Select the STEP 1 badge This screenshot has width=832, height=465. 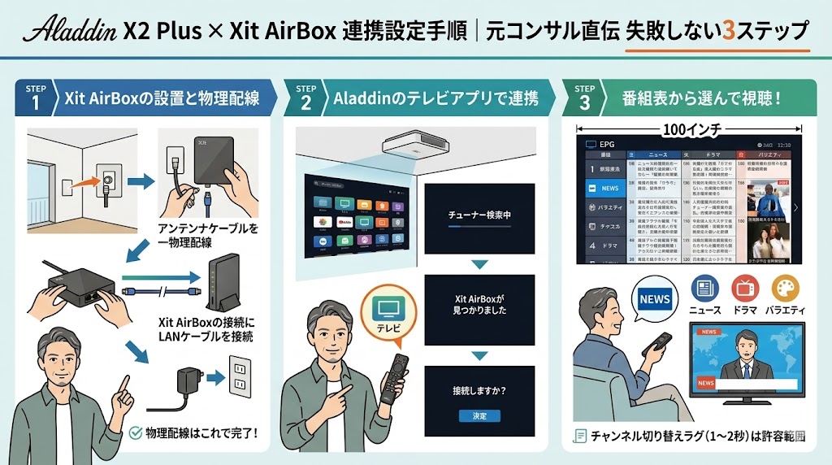[36, 98]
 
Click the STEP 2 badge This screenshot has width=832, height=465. [305, 98]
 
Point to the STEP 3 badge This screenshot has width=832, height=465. [585, 98]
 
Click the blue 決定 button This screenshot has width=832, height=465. [479, 415]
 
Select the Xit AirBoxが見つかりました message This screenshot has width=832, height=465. [479, 304]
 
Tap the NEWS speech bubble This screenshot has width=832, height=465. [655, 298]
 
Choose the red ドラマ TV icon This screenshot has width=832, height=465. [744, 289]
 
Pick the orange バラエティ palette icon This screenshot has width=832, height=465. [785, 289]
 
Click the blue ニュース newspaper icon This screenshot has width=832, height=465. [704, 289]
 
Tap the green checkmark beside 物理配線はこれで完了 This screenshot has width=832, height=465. [136, 433]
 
